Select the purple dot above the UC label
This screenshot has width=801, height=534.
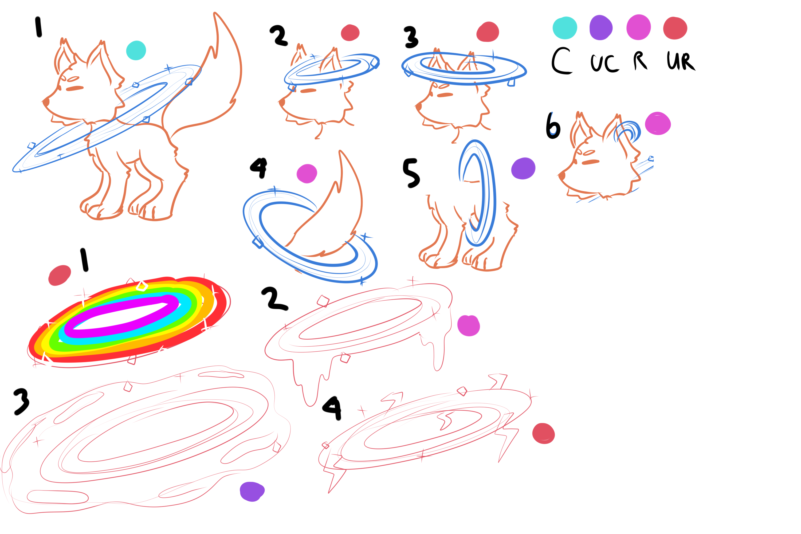click(601, 27)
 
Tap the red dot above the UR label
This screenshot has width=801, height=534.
click(675, 28)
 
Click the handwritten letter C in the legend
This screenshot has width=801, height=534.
click(561, 61)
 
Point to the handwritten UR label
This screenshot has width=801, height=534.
click(680, 61)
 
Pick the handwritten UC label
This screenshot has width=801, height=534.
click(604, 63)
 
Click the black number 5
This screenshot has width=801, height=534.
click(411, 173)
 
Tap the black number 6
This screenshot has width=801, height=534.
click(553, 126)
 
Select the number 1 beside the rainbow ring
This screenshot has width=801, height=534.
click(84, 260)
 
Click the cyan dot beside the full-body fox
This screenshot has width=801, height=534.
click(136, 50)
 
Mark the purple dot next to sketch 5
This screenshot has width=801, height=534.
click(523, 168)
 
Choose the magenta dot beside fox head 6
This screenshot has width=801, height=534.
click(658, 123)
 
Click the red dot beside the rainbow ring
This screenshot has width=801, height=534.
click(60, 275)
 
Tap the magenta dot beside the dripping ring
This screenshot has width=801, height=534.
click(469, 325)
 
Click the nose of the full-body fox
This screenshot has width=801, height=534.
click(46, 102)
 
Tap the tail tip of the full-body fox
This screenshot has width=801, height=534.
click(215, 13)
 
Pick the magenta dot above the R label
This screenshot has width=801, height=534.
click(639, 27)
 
